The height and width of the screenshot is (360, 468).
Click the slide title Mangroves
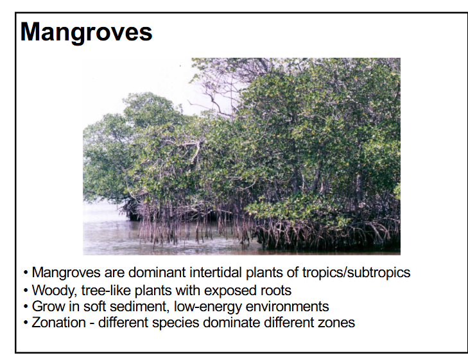87,32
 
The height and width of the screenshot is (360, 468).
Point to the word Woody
51,289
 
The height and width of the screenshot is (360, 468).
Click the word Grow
47,306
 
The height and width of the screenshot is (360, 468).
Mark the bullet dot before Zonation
26,323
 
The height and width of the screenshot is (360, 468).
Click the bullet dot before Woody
26,289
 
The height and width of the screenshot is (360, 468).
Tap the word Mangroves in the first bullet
64,272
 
